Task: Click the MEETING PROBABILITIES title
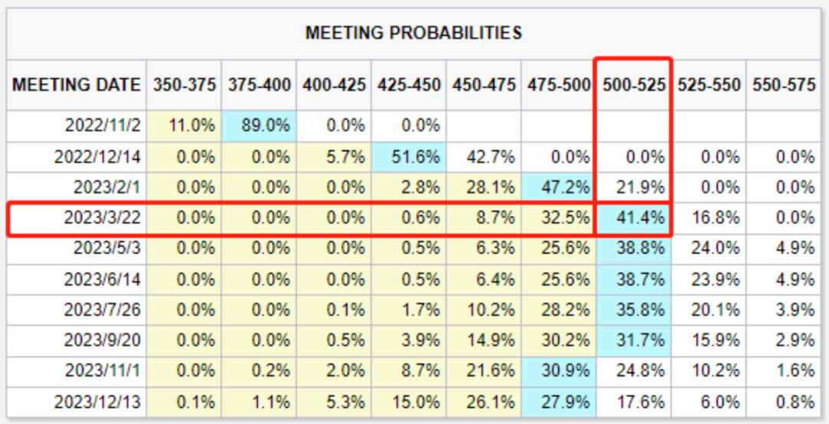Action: click(414, 33)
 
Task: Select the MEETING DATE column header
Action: click(77, 84)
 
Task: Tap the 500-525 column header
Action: click(633, 84)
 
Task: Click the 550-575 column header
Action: click(784, 84)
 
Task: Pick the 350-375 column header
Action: click(183, 84)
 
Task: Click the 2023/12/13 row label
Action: click(102, 402)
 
